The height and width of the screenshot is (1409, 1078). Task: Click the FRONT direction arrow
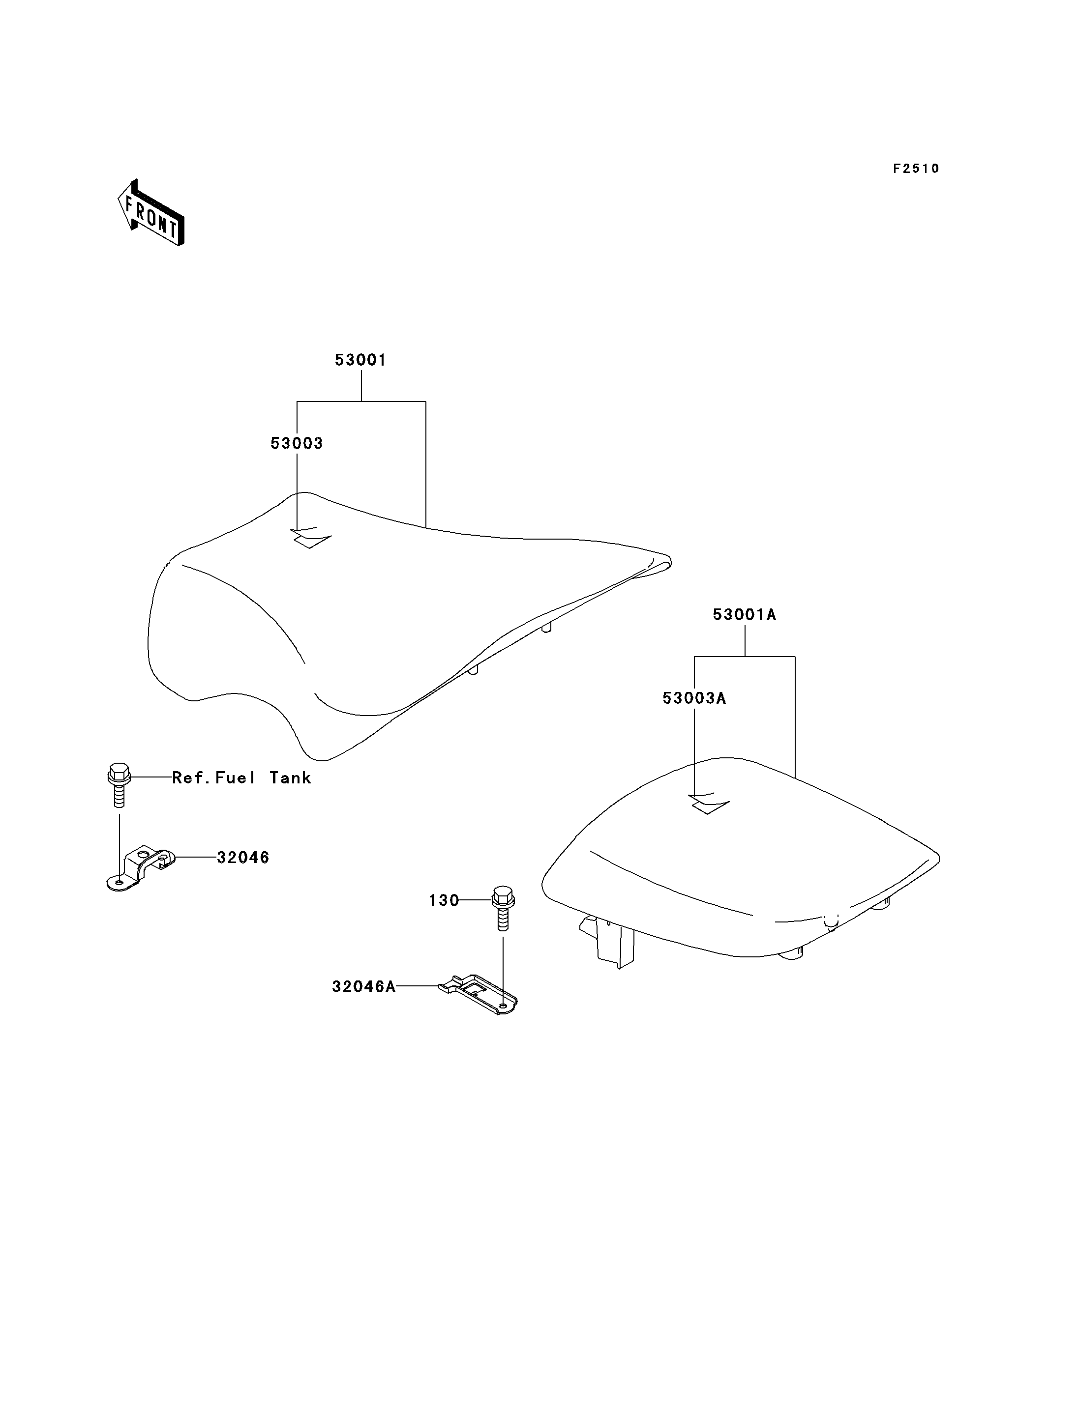pyautogui.click(x=151, y=213)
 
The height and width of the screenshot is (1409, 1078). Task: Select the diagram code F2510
pyautogui.click(x=916, y=169)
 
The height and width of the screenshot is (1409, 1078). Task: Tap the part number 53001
pyautogui.click(x=360, y=360)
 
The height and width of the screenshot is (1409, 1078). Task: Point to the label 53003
pyautogui.click(x=297, y=443)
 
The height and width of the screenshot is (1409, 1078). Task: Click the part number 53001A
pyautogui.click(x=745, y=614)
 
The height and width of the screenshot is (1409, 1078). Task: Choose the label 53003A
pyautogui.click(x=694, y=698)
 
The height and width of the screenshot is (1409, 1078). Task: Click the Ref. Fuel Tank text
pyautogui.click(x=242, y=778)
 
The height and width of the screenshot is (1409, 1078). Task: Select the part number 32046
pyautogui.click(x=243, y=858)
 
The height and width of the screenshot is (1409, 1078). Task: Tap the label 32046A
pyautogui.click(x=364, y=987)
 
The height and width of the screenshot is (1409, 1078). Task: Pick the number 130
pyautogui.click(x=444, y=901)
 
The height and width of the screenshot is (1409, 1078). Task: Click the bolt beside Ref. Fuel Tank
pyautogui.click(x=119, y=785)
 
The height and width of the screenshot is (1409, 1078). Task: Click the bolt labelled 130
pyautogui.click(x=503, y=908)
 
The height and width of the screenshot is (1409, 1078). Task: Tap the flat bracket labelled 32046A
pyautogui.click(x=478, y=994)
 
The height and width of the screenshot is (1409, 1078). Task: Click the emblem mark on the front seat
pyautogui.click(x=311, y=538)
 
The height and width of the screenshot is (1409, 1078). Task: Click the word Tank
pyautogui.click(x=290, y=778)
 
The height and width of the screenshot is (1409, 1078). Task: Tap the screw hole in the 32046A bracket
pyautogui.click(x=503, y=1006)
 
